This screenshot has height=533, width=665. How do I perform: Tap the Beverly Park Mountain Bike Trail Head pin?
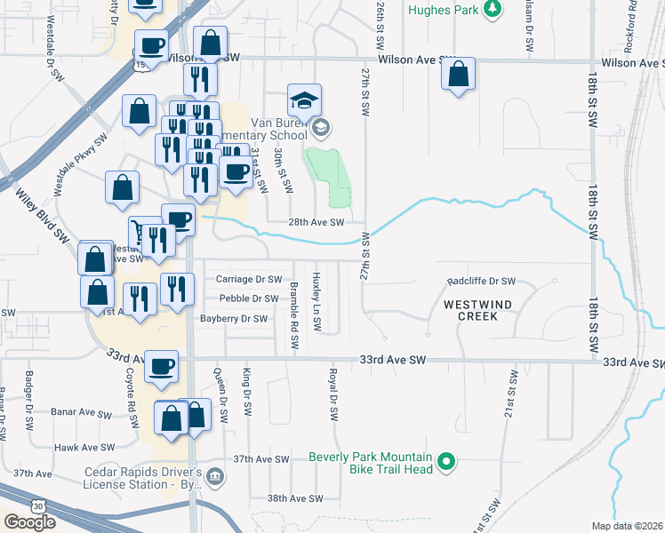pyautogui.click(x=447, y=463)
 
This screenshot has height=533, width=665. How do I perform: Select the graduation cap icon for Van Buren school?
pyautogui.click(x=303, y=99)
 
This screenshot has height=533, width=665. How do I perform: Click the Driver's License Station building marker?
pyautogui.click(x=215, y=478)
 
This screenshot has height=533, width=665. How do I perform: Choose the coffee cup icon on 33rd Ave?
pyautogui.click(x=162, y=366)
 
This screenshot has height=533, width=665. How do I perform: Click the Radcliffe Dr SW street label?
pyautogui.click(x=481, y=281)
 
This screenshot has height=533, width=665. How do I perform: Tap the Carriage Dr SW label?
pyautogui.click(x=248, y=279)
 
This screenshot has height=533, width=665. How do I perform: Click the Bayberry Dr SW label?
pyautogui.click(x=233, y=319)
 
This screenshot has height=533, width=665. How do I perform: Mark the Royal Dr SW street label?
pyautogui.click(x=332, y=394)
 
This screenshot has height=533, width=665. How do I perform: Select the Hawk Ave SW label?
pyautogui.click(x=84, y=448)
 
